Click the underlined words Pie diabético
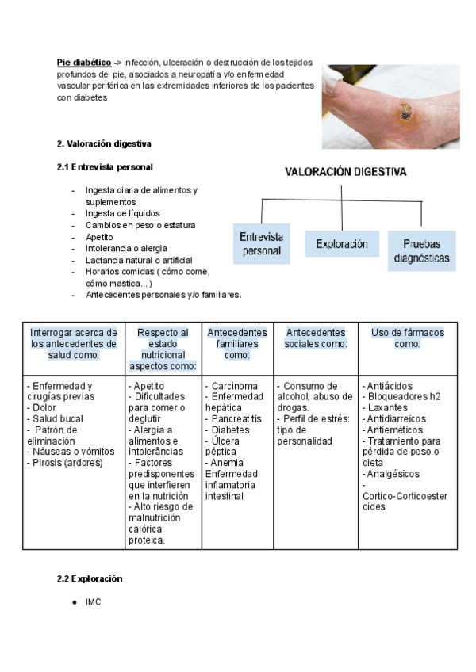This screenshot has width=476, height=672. click(83, 62)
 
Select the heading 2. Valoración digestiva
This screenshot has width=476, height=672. click(104, 144)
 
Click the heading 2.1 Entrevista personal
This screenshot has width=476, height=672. click(105, 167)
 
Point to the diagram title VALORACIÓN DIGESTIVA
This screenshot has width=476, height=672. click(346, 171)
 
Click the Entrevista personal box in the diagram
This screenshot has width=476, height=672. click(261, 243)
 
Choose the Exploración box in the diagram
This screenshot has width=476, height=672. click(342, 244)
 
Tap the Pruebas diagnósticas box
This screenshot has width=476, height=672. click(421, 251)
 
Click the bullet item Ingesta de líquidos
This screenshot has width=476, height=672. click(122, 213)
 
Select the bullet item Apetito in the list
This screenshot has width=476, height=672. click(99, 236)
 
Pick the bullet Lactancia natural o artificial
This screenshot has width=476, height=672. click(139, 259)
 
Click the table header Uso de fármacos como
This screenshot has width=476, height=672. click(408, 338)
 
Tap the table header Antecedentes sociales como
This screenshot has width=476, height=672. click(316, 338)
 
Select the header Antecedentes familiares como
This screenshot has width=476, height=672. click(236, 344)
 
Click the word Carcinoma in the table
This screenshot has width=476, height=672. click(234, 386)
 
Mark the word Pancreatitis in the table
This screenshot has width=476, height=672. click(240, 419)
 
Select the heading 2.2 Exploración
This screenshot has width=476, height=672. click(89, 579)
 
